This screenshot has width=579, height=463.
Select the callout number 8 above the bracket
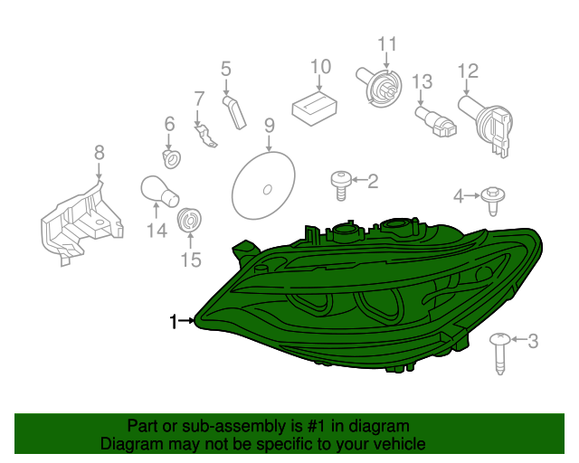tap(99, 153)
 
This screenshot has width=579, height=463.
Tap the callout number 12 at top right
tap(467, 71)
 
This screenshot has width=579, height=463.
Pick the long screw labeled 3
tap(499, 352)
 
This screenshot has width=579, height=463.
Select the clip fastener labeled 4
tap(492, 198)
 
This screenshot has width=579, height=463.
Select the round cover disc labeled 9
tap(263, 187)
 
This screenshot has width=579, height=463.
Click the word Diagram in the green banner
tap(131, 443)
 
